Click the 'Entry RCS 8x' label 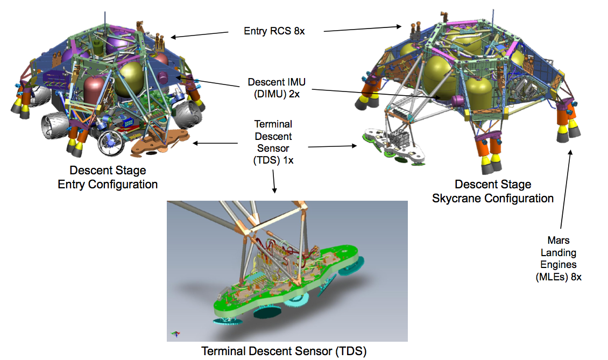(x=274, y=31)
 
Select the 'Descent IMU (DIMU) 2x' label (x=277, y=88)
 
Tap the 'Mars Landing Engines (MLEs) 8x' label (x=558, y=258)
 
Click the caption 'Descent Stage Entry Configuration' (x=108, y=177)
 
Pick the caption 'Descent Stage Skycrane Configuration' (x=493, y=191)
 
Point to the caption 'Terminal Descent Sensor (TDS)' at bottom (x=284, y=351)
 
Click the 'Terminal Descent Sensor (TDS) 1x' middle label (x=273, y=142)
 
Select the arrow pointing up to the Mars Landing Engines (x=565, y=189)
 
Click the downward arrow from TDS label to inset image (x=274, y=181)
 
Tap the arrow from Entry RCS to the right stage (x=363, y=29)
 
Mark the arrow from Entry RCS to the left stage (x=199, y=35)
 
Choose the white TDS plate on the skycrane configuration (x=393, y=147)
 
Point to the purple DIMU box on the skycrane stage (x=458, y=101)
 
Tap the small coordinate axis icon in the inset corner (x=176, y=334)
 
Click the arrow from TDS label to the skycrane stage (x=333, y=146)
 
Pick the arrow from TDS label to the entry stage (x=215, y=143)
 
